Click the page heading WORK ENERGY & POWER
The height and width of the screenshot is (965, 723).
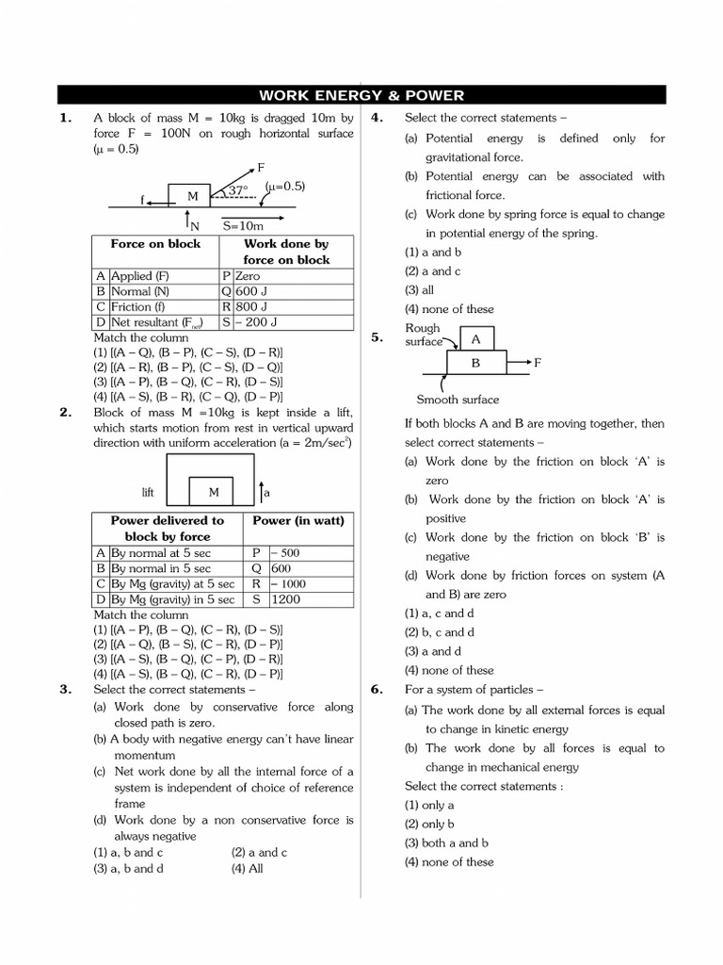point(361,95)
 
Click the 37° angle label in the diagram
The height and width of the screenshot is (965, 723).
point(236,190)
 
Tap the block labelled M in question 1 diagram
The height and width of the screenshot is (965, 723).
point(193,196)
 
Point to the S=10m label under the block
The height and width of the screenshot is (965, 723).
point(243,226)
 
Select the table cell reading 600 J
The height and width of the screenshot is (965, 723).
point(253,292)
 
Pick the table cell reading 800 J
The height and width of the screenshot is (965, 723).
point(253,307)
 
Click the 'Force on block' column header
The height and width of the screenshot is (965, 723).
point(155,244)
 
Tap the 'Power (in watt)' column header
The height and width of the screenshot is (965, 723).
point(299,520)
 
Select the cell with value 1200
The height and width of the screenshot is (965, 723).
point(287,599)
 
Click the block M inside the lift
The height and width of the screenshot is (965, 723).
point(214,492)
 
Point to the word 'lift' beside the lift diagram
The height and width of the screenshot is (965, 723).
point(148,493)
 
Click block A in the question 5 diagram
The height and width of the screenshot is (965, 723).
point(475,339)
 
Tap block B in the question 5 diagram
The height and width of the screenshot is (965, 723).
point(475,363)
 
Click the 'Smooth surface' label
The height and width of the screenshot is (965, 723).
point(458,400)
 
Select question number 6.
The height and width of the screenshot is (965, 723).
point(377,690)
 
